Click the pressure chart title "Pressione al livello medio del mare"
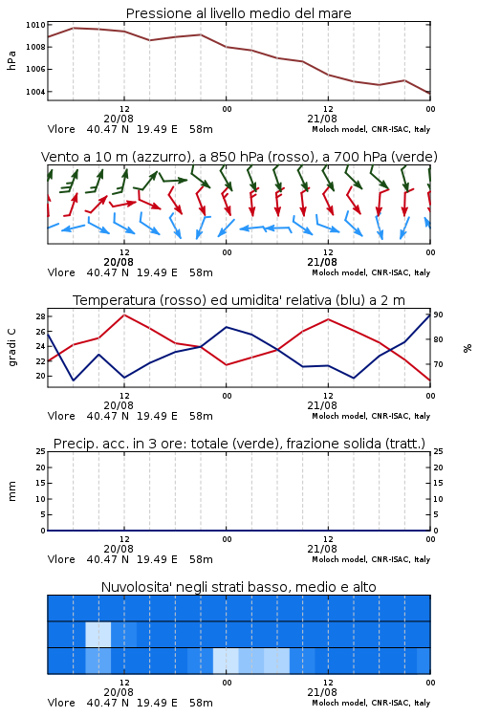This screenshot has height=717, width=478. pyautogui.click(x=238, y=13)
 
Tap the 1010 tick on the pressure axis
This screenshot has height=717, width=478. pyautogui.click(x=35, y=25)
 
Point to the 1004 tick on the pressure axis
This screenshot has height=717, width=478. pyautogui.click(x=35, y=92)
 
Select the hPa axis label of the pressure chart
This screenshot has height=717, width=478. pyautogui.click(x=11, y=60)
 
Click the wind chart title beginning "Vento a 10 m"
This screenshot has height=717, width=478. pyautogui.click(x=239, y=157)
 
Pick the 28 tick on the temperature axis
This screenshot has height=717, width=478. pyautogui.click(x=40, y=316)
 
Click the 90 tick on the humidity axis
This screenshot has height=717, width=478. pyautogui.click(x=438, y=315)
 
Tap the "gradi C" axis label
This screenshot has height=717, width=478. pyautogui.click(x=11, y=348)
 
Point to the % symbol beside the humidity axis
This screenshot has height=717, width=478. pyautogui.click(x=467, y=348)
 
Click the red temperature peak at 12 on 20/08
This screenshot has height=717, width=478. pyautogui.click(x=124, y=315)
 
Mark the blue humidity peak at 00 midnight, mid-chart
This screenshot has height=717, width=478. pyautogui.click(x=227, y=327)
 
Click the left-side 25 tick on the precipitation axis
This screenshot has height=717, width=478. pyautogui.click(x=41, y=451)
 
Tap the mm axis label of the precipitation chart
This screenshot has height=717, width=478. pyautogui.click(x=11, y=491)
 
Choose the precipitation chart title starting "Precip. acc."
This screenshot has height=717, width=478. pyautogui.click(x=239, y=444)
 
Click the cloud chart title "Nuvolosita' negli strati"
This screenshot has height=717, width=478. pyautogui.click(x=238, y=587)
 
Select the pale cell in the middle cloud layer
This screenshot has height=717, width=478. pyautogui.click(x=98, y=634)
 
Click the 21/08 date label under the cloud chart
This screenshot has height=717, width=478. pyautogui.click(x=322, y=692)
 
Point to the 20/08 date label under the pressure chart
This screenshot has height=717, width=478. pyautogui.click(x=119, y=119)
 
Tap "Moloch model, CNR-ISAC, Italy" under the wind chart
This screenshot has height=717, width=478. pyautogui.click(x=371, y=272)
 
